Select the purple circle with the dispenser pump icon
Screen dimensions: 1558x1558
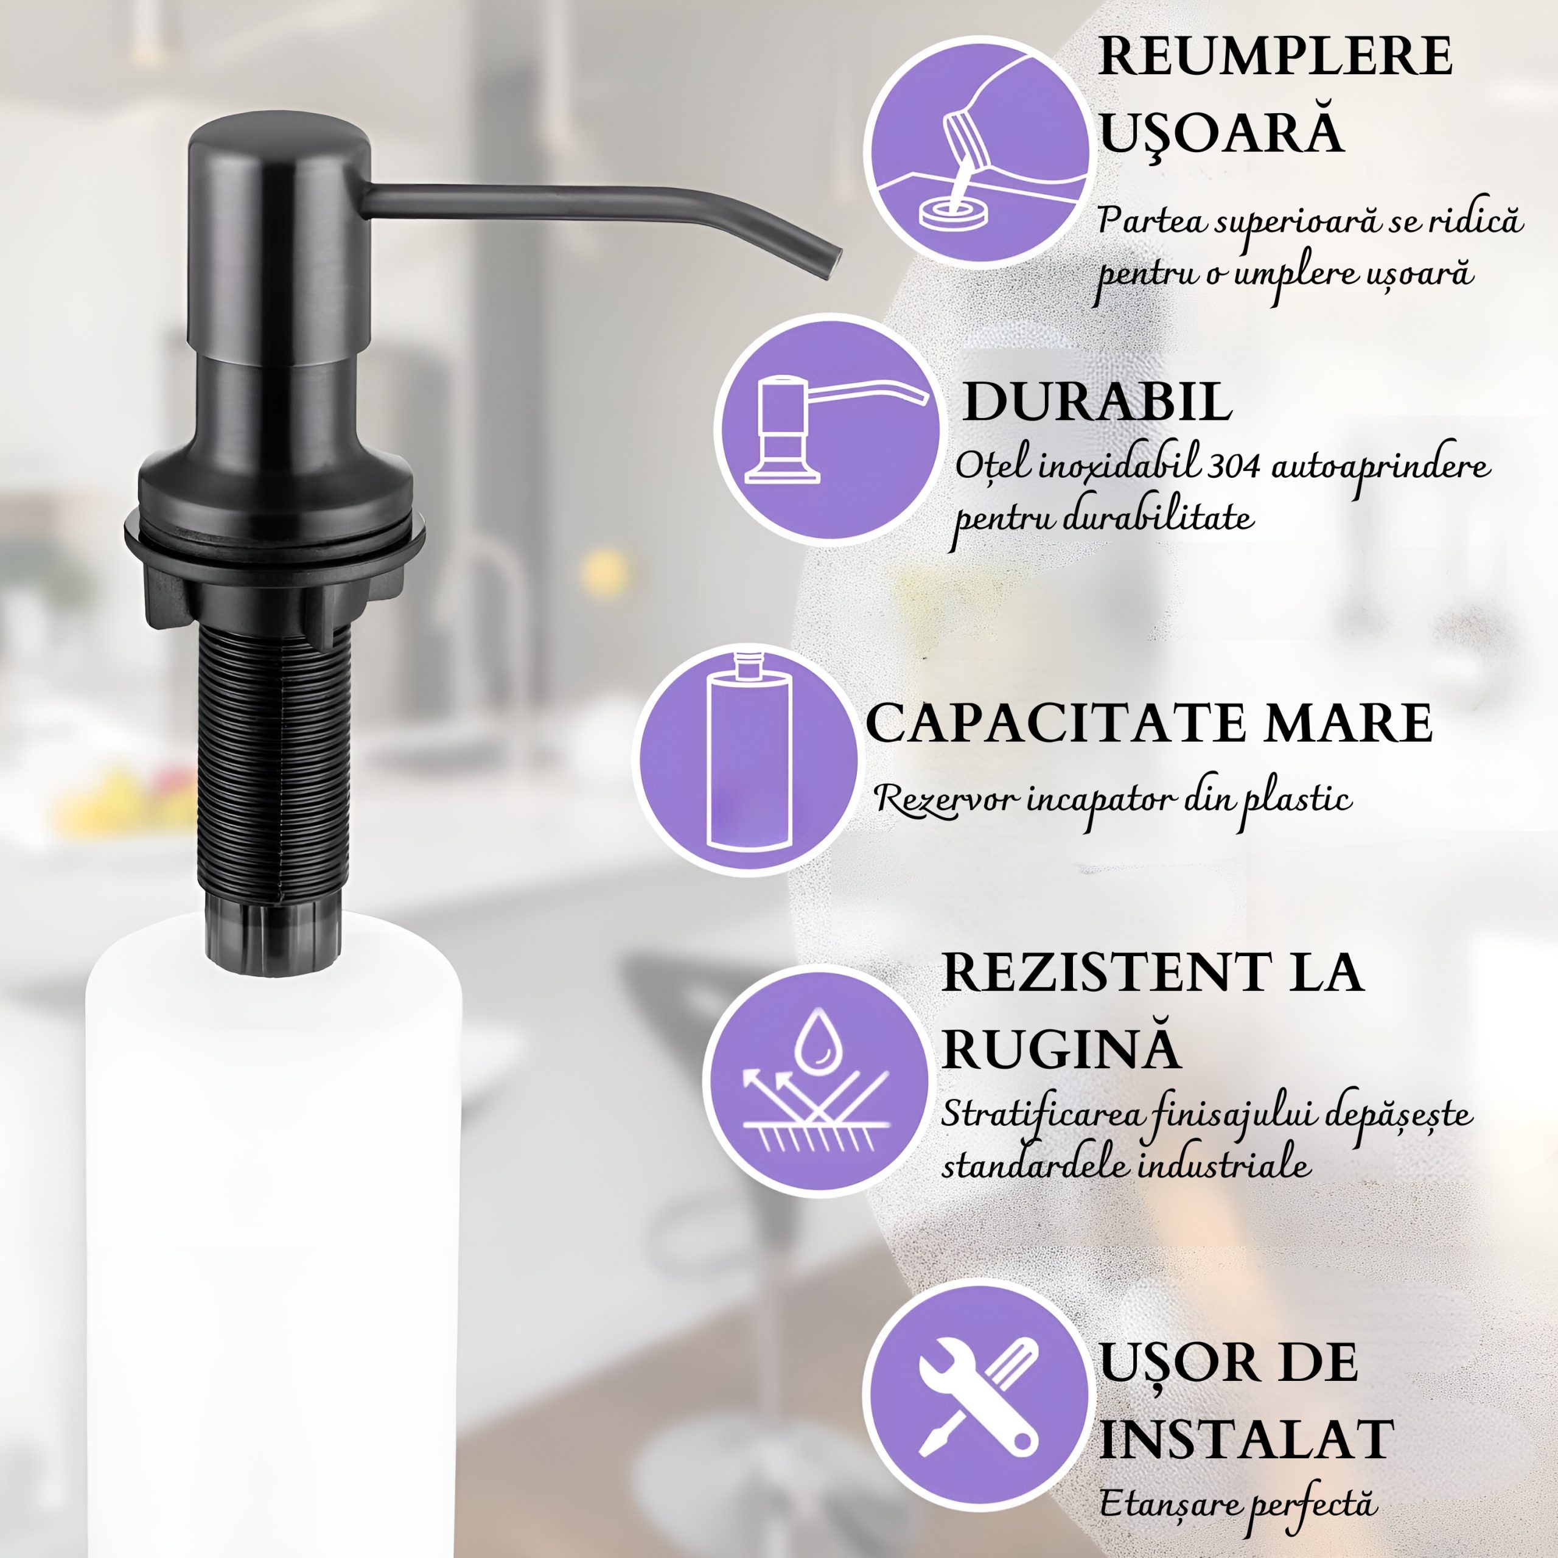826,427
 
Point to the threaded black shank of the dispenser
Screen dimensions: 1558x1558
274,766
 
